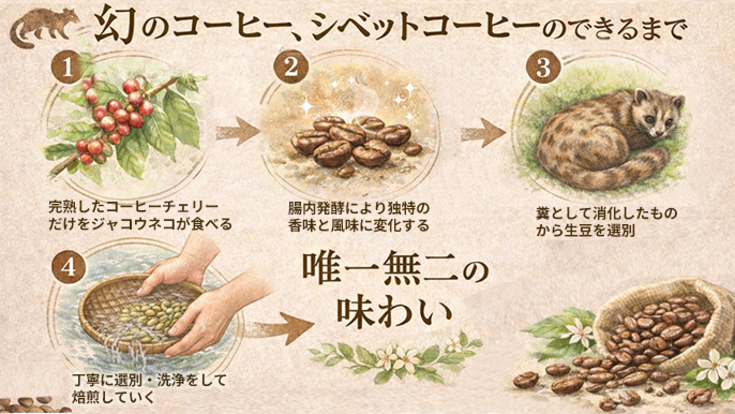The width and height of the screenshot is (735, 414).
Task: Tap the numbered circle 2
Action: pos(291,68)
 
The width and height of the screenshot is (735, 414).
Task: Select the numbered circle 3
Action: pos(544,68)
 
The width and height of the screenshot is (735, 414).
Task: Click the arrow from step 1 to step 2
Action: pos(238,132)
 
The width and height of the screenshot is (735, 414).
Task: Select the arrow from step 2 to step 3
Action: pos(483,132)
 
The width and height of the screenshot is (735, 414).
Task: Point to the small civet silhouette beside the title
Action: pos(45,27)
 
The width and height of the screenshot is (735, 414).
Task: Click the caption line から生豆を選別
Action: pos(585,231)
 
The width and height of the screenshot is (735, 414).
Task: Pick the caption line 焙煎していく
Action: pos(112,397)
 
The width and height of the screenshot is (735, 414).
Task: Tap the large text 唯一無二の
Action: pos(396,271)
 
